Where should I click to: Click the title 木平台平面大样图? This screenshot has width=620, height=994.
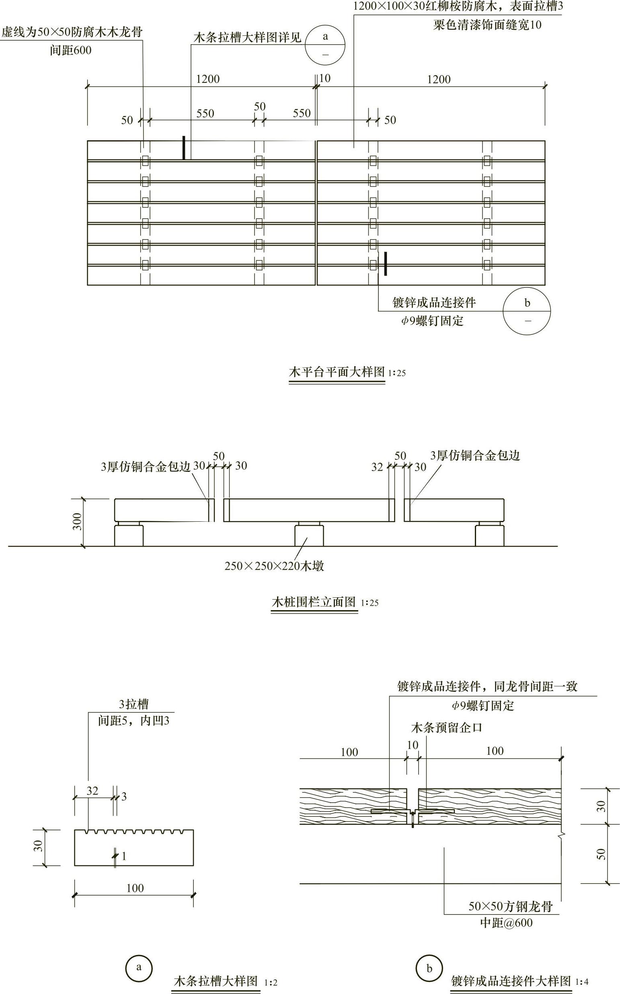pyautogui.click(x=337, y=372)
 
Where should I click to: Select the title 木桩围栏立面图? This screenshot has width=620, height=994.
pyautogui.click(x=314, y=602)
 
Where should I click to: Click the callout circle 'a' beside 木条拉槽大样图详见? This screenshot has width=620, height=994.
pyautogui.click(x=325, y=45)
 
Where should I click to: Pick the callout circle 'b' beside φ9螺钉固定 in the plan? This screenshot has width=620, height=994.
pyautogui.click(x=527, y=312)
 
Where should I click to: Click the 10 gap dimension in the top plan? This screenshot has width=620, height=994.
pyautogui.click(x=325, y=78)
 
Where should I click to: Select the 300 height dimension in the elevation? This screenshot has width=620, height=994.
pyautogui.click(x=78, y=521)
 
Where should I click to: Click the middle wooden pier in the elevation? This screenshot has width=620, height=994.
pyautogui.click(x=309, y=535)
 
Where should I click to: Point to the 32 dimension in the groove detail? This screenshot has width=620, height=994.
pyautogui.click(x=92, y=791)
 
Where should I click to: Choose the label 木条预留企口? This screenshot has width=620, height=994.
pyautogui.click(x=446, y=728)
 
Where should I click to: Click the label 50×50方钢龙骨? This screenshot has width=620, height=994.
pyautogui.click(x=511, y=906)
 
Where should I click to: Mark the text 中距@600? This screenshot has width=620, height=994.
pyautogui.click(x=507, y=923)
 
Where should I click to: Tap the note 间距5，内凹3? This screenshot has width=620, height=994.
pyautogui.click(x=133, y=721)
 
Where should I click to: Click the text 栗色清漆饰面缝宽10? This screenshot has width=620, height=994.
pyautogui.click(x=487, y=25)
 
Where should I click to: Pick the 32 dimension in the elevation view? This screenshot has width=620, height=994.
pyautogui.click(x=377, y=467)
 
